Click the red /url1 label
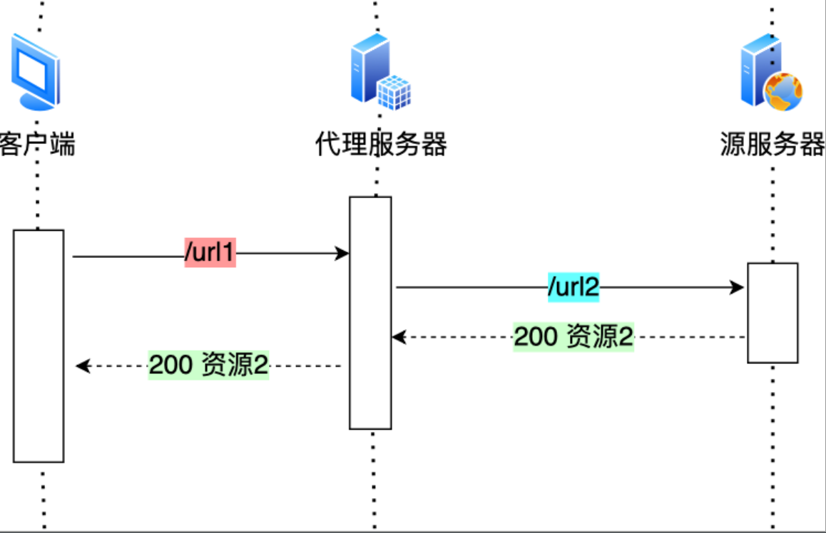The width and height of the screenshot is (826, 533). tap(210, 253)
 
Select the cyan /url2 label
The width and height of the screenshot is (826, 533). tap(573, 287)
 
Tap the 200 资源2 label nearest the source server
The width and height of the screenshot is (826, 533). tap(573, 336)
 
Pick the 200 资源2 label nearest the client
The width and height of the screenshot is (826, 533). tap(208, 366)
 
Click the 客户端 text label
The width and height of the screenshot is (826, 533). tap(37, 145)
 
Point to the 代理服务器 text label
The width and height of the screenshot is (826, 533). tap(381, 145)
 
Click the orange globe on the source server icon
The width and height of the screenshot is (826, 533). tap(784, 92)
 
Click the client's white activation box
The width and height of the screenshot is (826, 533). tap(39, 346)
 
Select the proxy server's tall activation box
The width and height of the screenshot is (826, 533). tap(370, 313)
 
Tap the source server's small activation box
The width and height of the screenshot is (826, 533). tap(773, 313)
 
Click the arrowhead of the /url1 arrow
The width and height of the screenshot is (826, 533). tap(342, 254)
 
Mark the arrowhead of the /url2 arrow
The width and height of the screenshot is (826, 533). tap(738, 287)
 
